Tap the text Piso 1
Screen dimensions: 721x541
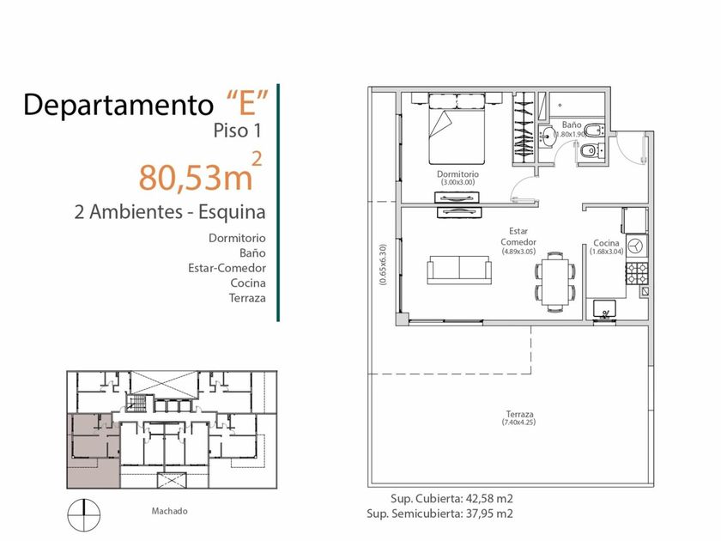pos(237,131)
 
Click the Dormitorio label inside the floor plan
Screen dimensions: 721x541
pos(457,174)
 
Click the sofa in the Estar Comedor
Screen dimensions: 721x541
pos(459,270)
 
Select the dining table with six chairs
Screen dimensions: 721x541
pos(555,282)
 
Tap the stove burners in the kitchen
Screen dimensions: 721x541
pos(637,272)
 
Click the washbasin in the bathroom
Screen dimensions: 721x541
pos(548,137)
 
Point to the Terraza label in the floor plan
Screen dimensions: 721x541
pos(519,414)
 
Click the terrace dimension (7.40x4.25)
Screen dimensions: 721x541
pos(519,422)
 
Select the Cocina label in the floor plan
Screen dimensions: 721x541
pos(606,243)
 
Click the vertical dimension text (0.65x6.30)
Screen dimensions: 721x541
pos(383,264)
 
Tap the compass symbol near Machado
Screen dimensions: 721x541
pos(84,514)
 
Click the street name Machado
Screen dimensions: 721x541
pos(169,511)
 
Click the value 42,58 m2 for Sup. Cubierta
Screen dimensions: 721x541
pos(489,499)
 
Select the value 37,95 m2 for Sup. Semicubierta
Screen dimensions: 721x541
pos(489,514)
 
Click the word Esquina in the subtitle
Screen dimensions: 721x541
pos(233,212)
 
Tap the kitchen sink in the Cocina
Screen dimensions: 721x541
pos(604,308)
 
